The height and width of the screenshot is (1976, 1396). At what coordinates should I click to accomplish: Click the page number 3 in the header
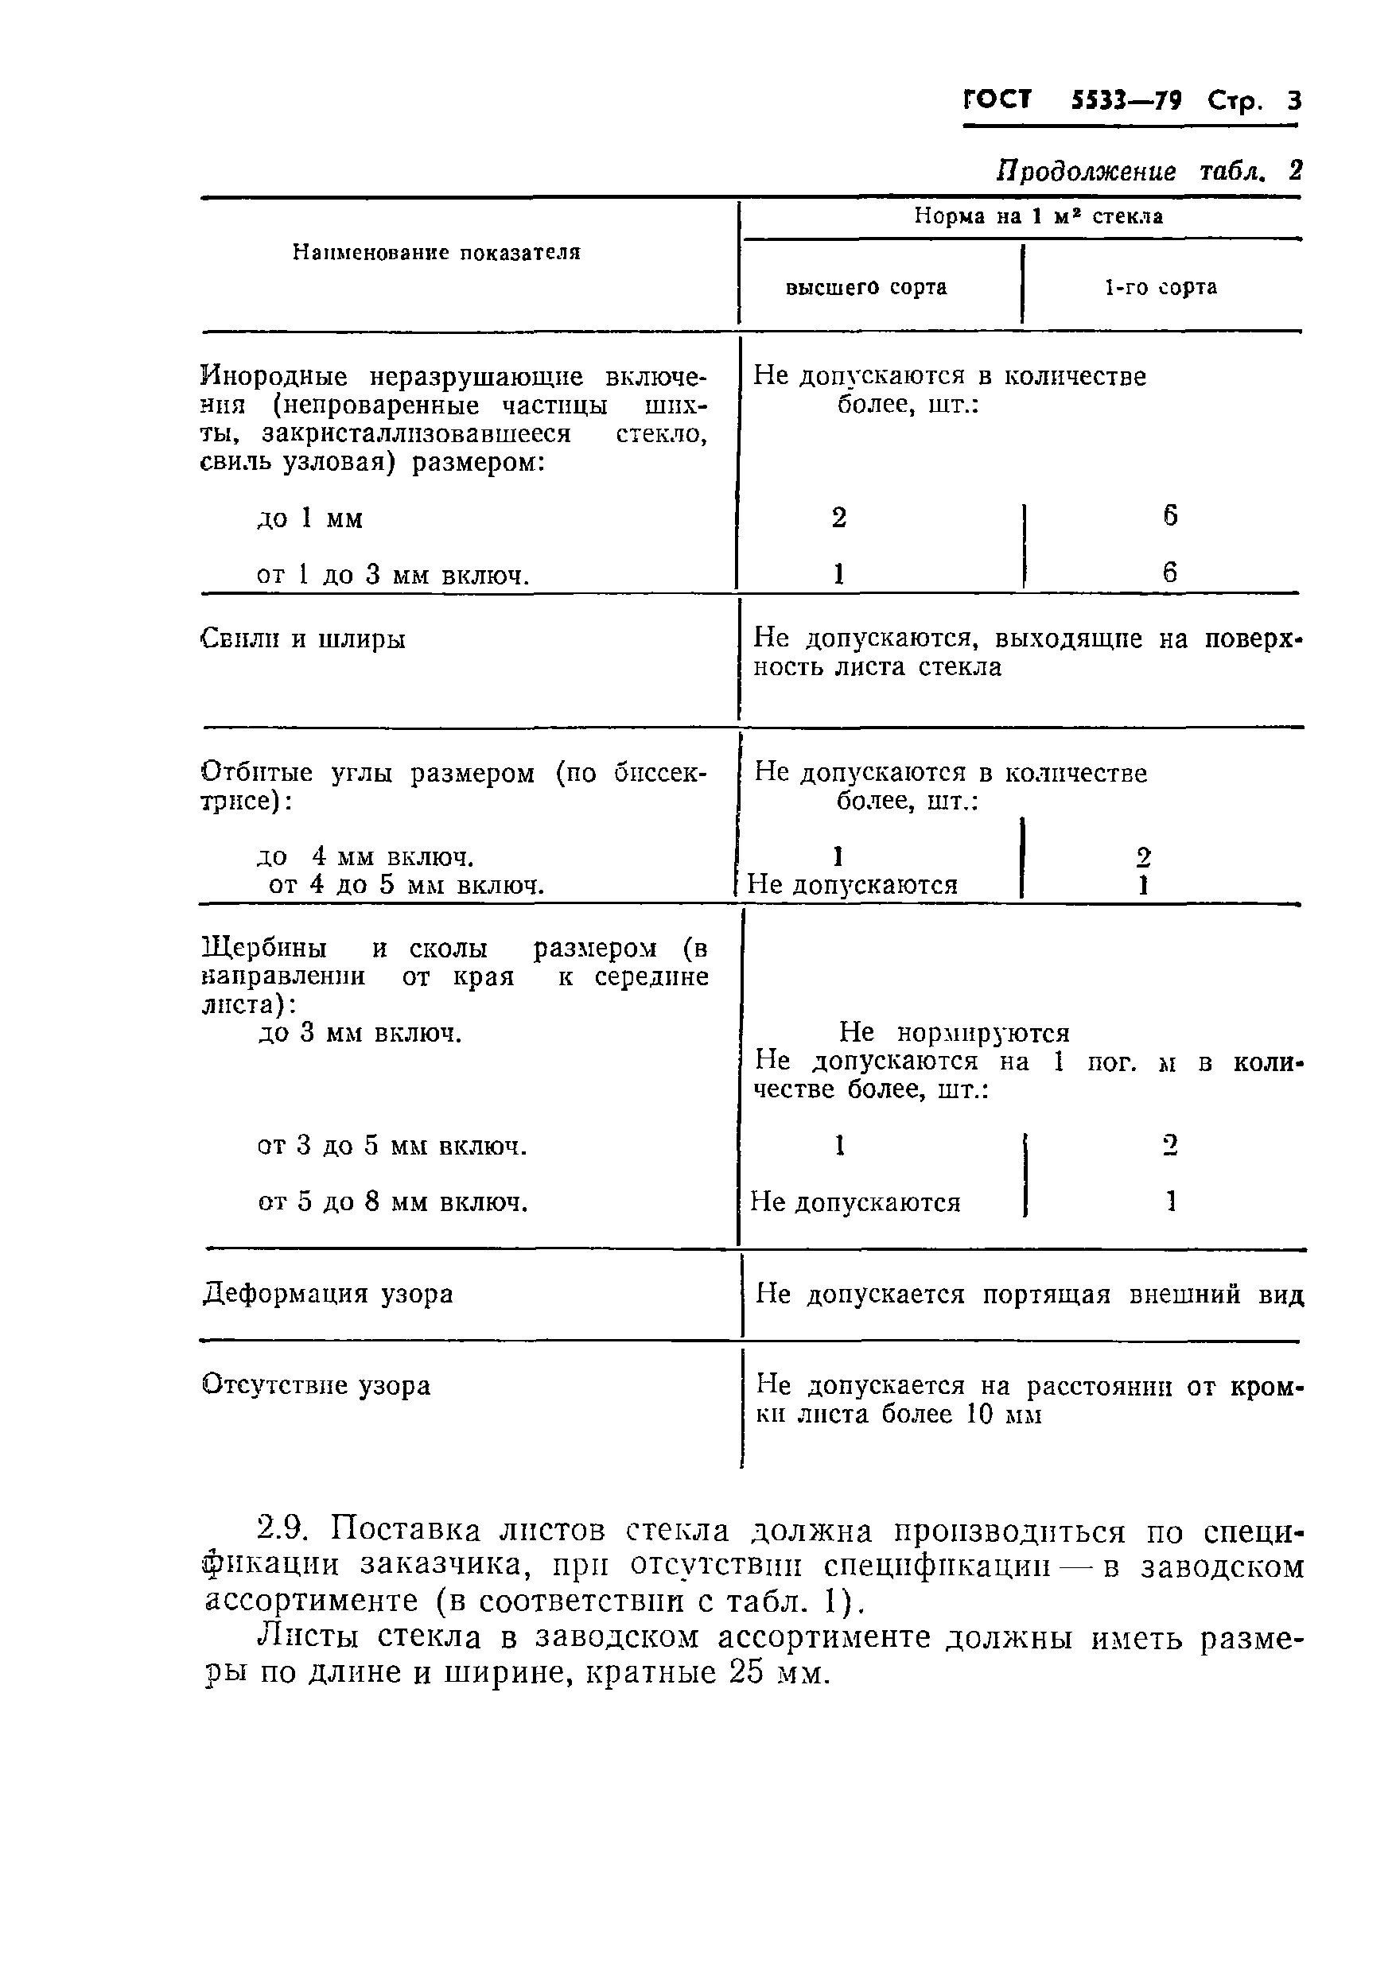tap(1293, 102)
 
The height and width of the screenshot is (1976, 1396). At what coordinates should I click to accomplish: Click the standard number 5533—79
tap(1126, 102)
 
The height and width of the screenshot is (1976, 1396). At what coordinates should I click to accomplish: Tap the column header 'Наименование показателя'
tap(437, 252)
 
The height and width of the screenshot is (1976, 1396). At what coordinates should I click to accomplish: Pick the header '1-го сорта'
tap(1161, 287)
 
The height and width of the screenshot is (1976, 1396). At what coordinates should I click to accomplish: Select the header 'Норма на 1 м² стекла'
tap(1038, 217)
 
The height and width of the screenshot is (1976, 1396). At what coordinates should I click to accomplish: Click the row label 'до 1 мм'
tap(310, 519)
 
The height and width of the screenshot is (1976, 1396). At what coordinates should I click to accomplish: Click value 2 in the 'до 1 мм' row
tap(839, 517)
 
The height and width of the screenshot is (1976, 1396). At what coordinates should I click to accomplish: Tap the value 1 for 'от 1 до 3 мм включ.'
tap(839, 573)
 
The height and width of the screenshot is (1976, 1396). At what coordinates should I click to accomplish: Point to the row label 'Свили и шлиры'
tap(302, 639)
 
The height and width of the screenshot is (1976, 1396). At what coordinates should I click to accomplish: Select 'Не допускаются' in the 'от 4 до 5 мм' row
tap(852, 885)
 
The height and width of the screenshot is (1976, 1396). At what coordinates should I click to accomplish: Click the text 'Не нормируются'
tap(954, 1032)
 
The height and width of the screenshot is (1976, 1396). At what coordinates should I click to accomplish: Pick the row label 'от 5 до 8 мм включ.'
tap(392, 1202)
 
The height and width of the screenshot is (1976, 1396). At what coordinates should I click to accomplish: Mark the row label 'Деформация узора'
tap(328, 1294)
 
